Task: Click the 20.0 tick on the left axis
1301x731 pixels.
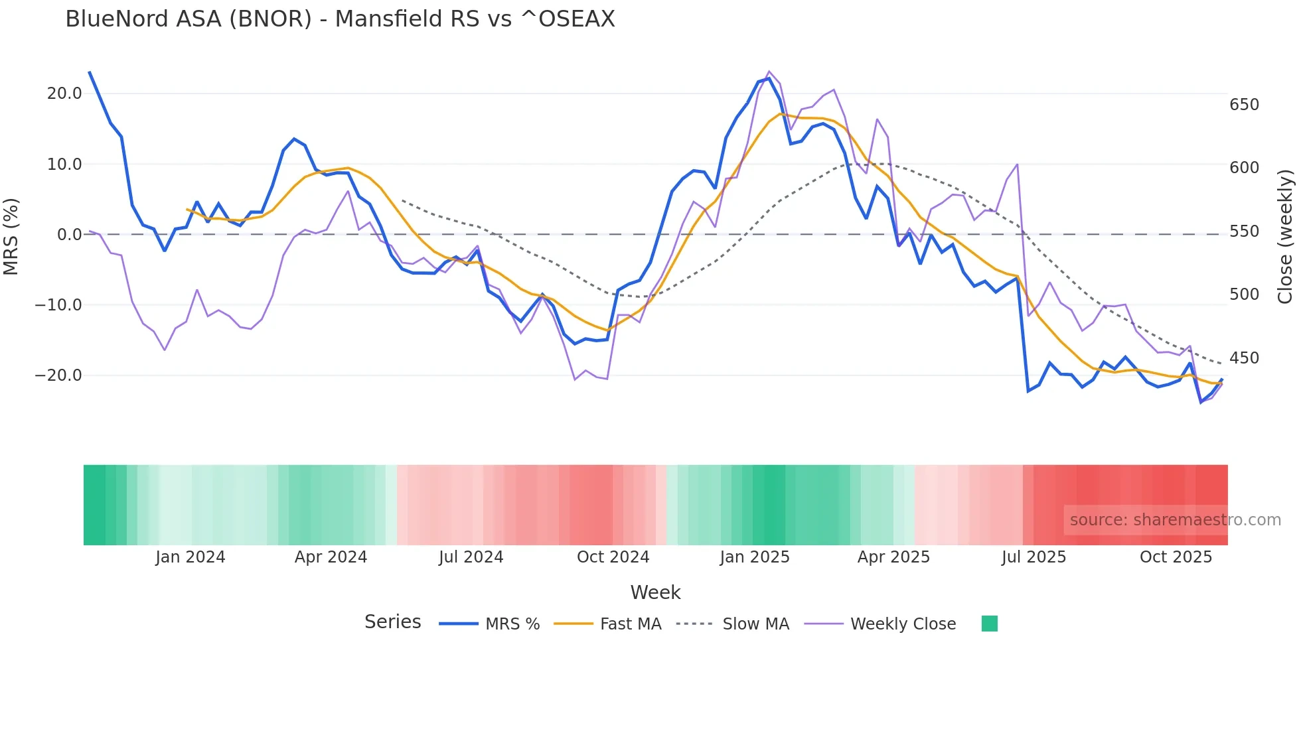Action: tap(64, 94)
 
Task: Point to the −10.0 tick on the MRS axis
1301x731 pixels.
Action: tap(58, 305)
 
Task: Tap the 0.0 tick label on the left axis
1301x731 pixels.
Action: tap(69, 235)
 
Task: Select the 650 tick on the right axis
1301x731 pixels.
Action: tap(1244, 105)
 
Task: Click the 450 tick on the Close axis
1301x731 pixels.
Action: tap(1244, 358)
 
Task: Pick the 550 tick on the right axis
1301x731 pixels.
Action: tap(1244, 232)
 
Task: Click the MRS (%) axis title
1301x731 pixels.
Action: tap(11, 236)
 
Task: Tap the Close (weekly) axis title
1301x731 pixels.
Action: tap(1285, 236)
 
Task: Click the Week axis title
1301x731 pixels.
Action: tap(655, 592)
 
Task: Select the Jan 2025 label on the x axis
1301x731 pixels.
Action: tap(754, 557)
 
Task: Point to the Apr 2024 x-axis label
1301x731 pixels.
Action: tap(331, 557)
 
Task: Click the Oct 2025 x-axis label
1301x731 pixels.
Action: tap(1176, 557)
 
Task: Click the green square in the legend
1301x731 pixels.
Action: tap(989, 624)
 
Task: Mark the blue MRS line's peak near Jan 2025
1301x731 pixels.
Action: tap(769, 79)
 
